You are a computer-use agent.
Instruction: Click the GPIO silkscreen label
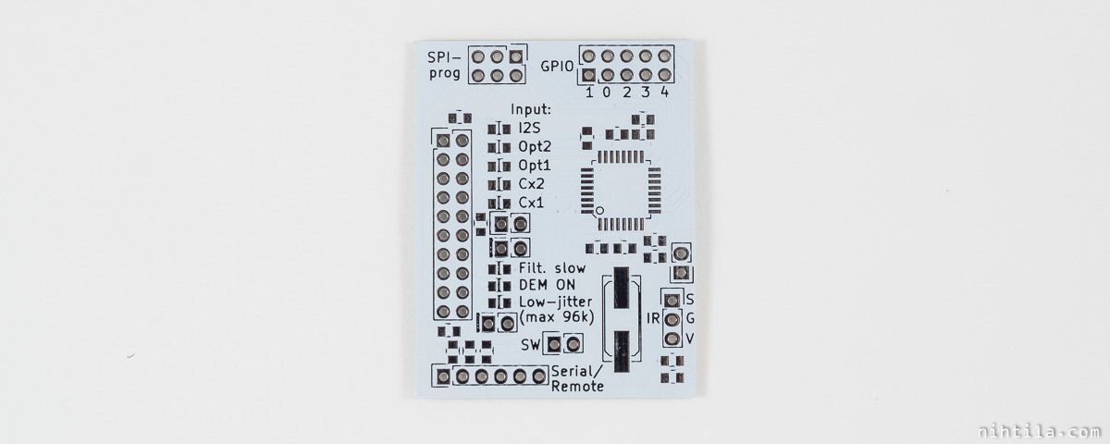557,67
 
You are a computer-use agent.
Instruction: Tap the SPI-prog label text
445,66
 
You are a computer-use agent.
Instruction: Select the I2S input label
529,128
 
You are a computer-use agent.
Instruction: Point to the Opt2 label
535,147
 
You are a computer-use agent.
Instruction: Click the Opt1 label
535,166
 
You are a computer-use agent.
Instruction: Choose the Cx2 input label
531,184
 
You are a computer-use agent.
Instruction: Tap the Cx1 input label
531,203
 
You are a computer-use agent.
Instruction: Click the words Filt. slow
552,268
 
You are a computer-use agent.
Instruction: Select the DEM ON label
547,285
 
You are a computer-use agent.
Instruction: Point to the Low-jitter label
556,302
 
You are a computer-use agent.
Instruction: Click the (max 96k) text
556,317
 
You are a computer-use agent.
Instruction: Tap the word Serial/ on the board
577,371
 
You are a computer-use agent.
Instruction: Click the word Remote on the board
577,387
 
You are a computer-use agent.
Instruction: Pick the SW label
530,345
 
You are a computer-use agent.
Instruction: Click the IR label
653,318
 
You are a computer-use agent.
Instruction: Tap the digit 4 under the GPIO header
664,92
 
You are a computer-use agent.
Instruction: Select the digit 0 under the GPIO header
607,92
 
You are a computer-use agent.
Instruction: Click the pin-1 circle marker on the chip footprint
599,211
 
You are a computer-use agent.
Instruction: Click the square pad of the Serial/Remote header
443,377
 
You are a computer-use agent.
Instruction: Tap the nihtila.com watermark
1039,432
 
